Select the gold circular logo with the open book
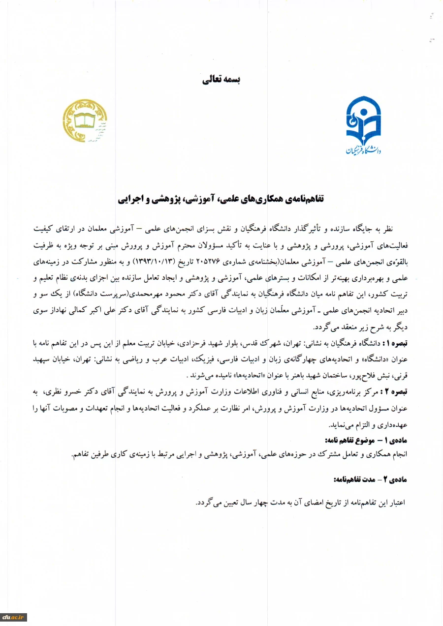pos(85,120)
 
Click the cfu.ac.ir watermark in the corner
pos(13,617)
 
